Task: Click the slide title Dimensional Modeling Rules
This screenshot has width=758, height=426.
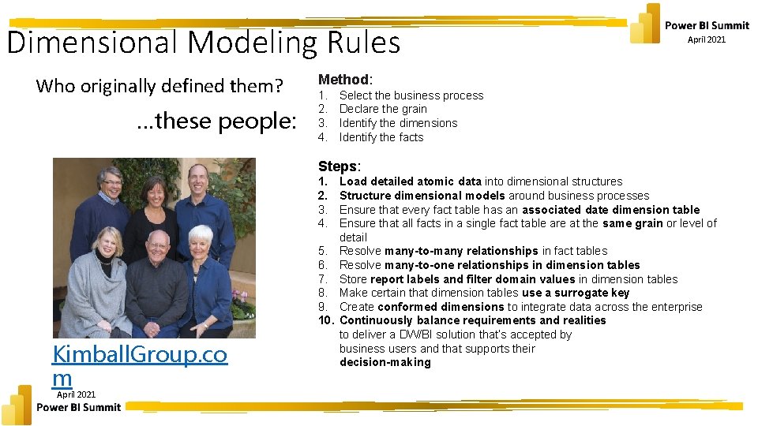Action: (x=204, y=42)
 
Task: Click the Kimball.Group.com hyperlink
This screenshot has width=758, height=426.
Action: (x=140, y=366)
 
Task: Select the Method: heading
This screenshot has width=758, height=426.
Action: (x=345, y=79)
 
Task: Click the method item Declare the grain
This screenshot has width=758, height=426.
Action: (x=383, y=109)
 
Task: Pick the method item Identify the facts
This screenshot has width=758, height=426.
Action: (x=381, y=137)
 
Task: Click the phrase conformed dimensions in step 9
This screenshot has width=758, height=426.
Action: (x=441, y=307)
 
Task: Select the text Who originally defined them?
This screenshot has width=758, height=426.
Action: (x=159, y=85)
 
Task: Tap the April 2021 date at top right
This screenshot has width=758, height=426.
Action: (x=706, y=39)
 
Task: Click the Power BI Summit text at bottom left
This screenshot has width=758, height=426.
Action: (x=79, y=407)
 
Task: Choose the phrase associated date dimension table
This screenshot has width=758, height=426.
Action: (x=610, y=210)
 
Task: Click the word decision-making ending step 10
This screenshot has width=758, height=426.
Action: (x=385, y=362)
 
